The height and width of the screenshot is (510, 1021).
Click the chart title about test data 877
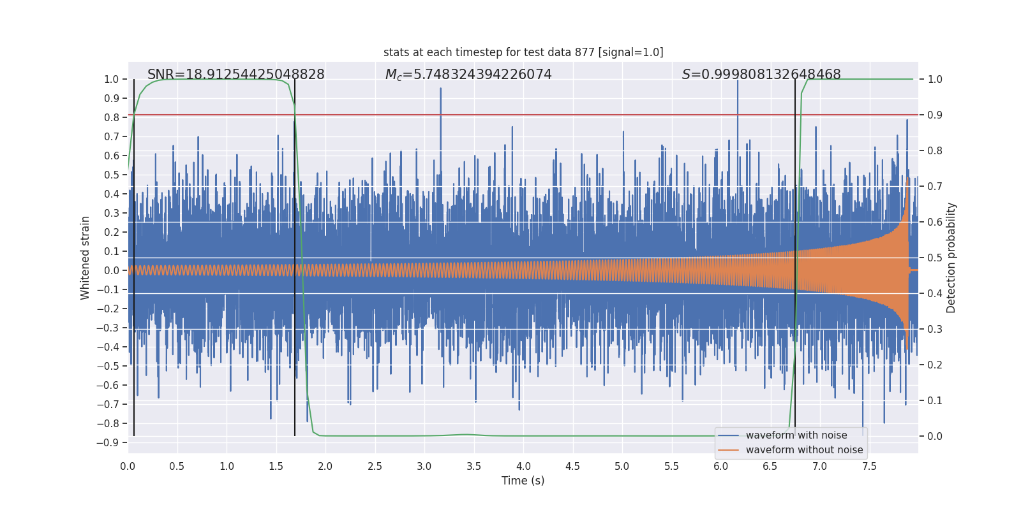click(523, 52)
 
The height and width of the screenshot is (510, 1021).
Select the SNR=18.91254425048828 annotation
click(236, 75)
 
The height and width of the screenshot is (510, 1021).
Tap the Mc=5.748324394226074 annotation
click(468, 75)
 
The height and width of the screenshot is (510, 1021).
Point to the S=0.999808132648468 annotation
click(761, 75)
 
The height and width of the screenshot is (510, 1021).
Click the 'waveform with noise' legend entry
click(796, 435)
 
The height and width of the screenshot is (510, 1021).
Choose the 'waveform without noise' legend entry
click(804, 450)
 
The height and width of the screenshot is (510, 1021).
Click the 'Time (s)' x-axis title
click(523, 481)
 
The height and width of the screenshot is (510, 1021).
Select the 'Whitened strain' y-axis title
click(86, 258)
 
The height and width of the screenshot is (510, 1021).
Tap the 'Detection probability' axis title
click(951, 258)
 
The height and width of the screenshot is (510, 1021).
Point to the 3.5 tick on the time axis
click(473, 467)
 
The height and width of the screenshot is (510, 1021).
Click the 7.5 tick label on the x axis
click(869, 467)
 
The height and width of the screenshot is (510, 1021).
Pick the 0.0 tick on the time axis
click(128, 467)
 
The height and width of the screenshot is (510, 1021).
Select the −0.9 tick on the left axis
click(108, 442)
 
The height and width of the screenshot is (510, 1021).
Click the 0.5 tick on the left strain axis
click(111, 175)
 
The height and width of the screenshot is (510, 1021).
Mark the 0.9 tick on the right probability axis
click(935, 115)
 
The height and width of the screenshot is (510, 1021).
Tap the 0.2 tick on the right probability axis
click(935, 365)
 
